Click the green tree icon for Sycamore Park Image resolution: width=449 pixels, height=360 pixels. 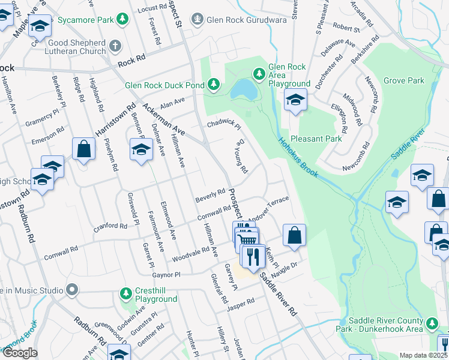coord(122,20)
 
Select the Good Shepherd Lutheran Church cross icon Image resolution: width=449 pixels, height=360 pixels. coord(115,46)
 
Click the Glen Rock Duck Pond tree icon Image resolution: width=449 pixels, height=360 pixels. coord(214,85)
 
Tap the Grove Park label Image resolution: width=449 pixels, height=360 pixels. coord(403,80)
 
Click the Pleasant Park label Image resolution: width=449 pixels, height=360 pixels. coord(321,139)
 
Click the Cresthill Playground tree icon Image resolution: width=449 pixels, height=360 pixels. coord(125,293)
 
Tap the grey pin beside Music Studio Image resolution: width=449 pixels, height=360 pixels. coord(72,290)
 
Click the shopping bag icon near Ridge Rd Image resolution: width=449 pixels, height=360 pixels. coord(84,149)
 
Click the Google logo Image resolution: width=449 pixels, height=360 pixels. coord(19,353)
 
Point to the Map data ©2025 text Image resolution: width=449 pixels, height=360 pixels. coord(423,355)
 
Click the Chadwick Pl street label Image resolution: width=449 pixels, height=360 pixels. coord(223,125)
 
